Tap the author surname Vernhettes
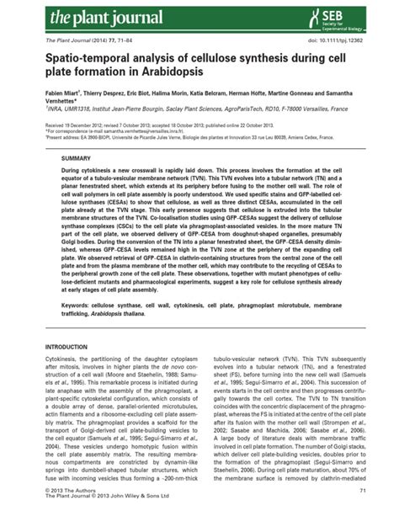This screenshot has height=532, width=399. pyautogui.click(x=60, y=104)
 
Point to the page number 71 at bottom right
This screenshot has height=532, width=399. pyautogui.click(x=361, y=513)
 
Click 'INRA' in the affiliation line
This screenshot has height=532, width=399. pyautogui.click(x=53, y=112)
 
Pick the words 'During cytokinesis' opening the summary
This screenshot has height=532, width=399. pyautogui.click(x=88, y=170)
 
